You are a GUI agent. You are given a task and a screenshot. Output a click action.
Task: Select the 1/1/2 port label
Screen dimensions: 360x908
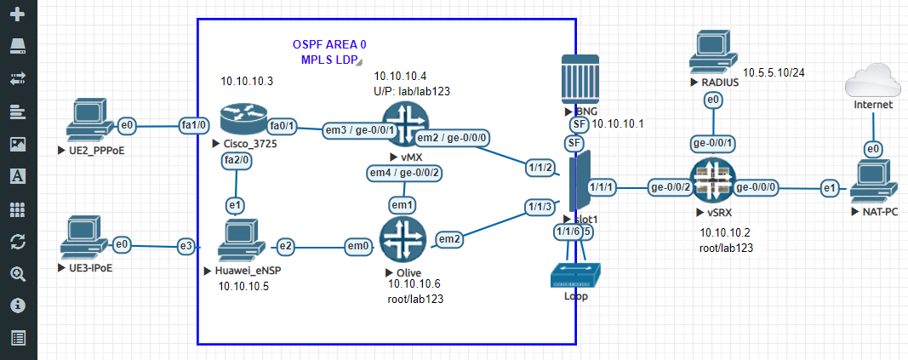(541, 167)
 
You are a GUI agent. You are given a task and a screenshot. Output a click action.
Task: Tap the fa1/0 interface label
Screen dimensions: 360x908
(192, 126)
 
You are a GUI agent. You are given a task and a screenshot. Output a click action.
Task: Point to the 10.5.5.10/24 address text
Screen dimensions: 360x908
(774, 72)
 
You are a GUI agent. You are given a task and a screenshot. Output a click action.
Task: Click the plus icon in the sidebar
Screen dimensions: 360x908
(18, 15)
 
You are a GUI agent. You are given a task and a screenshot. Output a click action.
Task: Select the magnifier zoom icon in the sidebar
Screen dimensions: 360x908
(18, 274)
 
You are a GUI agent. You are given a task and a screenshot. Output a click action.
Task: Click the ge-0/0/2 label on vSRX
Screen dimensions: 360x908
(668, 187)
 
